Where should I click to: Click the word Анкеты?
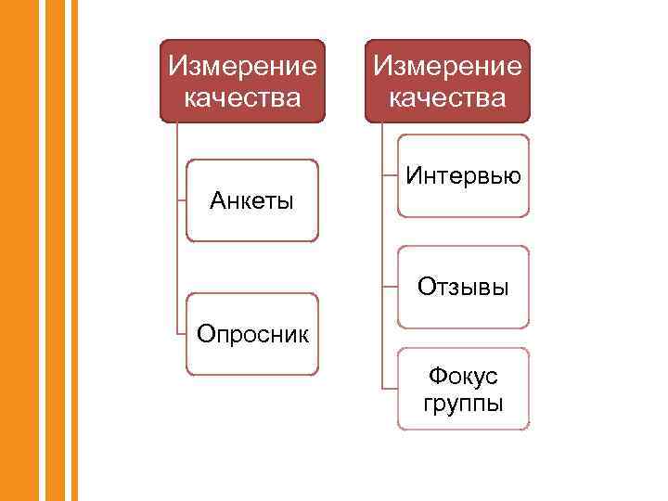coord(251,199)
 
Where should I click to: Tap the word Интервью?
coord(463,174)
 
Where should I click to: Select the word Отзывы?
coord(463,286)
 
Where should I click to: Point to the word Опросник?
coord(251,332)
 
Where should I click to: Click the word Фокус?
coord(463,377)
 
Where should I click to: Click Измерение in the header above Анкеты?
coord(242,67)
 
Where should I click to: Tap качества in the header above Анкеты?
coord(242,97)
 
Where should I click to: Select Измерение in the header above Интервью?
coord(447,67)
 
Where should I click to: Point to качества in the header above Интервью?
coord(447,97)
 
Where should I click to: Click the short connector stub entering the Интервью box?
coord(391,174)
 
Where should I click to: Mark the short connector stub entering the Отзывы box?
coord(391,286)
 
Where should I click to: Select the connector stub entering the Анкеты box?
coord(182,199)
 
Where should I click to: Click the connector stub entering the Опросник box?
coord(182,332)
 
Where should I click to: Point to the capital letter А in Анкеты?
coord(216,199)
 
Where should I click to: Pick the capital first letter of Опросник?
coord(203,332)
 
